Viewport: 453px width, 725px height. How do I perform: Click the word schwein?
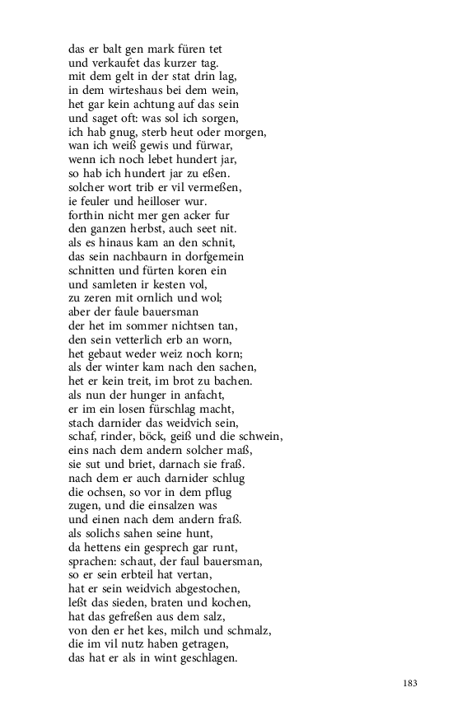(259, 437)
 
